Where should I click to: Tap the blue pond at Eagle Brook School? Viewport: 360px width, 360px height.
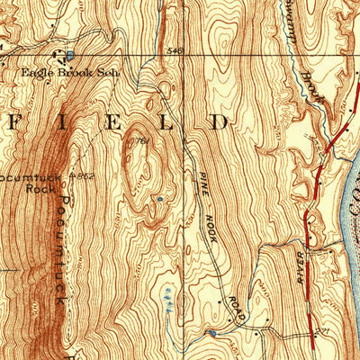click(69, 57)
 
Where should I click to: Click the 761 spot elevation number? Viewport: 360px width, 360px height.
click(140, 141)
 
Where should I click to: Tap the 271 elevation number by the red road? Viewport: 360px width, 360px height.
click(320, 333)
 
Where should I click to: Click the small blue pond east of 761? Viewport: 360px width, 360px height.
click(160, 199)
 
